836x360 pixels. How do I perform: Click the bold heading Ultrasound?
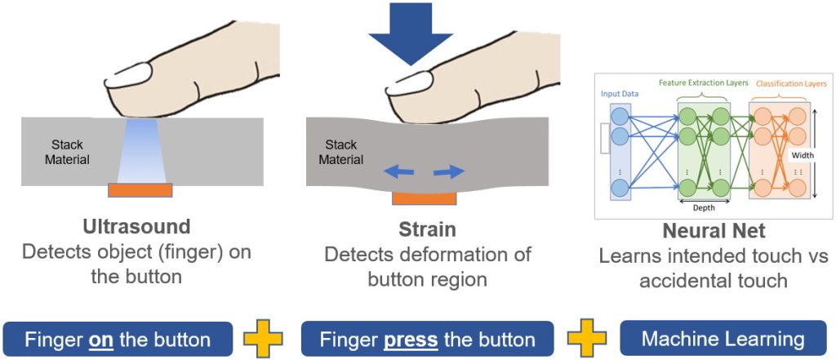pyautogui.click(x=136, y=226)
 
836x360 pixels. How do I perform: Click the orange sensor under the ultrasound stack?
pyautogui.click(x=141, y=190)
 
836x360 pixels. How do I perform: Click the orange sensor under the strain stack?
pyautogui.click(x=425, y=198)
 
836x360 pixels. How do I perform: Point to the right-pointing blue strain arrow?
pyautogui.click(x=448, y=171)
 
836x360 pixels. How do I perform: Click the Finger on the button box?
pyautogui.click(x=118, y=339)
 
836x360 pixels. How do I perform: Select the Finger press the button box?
pyautogui.click(x=427, y=339)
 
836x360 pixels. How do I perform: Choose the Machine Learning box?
pyautogui.click(x=723, y=339)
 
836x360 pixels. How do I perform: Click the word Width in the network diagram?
pyautogui.click(x=803, y=153)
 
